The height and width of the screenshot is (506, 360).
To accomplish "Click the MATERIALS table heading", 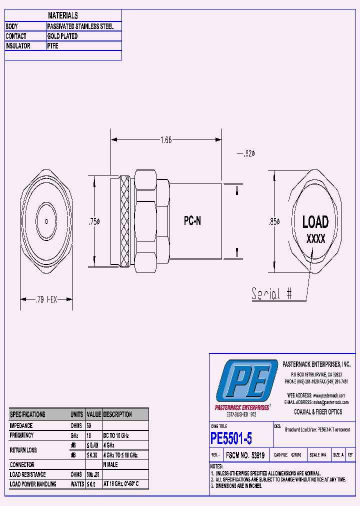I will (x=63, y=15).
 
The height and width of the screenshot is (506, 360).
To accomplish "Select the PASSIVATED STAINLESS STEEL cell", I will (x=80, y=26).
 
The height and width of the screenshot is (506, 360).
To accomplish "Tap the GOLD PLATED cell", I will (x=62, y=36).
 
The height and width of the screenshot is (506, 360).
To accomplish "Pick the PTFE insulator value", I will (x=53, y=46).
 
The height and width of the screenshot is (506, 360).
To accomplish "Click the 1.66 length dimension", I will (x=166, y=140).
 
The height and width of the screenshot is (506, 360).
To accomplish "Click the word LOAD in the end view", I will (x=315, y=222).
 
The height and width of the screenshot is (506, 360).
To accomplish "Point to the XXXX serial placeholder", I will (x=315, y=239).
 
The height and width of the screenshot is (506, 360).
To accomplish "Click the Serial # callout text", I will (x=271, y=293).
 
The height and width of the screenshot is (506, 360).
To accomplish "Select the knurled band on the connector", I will (x=125, y=221).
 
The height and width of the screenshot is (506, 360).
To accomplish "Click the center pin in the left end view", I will (x=46, y=220).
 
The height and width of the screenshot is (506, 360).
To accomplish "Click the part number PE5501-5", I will (x=231, y=439).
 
